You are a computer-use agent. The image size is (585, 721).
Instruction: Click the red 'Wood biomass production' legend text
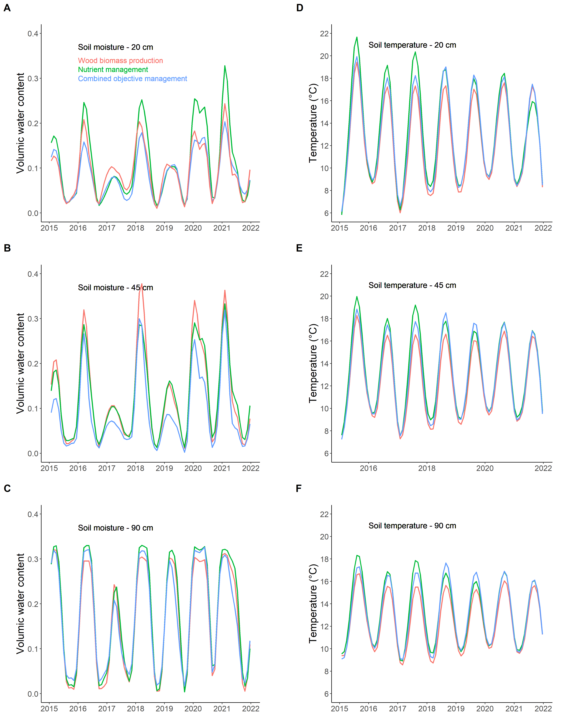120,61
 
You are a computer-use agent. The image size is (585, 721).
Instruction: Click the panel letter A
7,8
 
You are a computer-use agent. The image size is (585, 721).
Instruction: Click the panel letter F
299,489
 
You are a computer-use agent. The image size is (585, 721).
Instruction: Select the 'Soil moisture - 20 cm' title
115,47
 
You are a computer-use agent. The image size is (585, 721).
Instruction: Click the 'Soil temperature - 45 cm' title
412,285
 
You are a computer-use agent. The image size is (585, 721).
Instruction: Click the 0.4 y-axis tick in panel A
33,34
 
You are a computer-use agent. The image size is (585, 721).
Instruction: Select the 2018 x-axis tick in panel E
427,468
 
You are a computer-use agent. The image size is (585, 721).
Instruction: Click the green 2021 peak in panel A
225,66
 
